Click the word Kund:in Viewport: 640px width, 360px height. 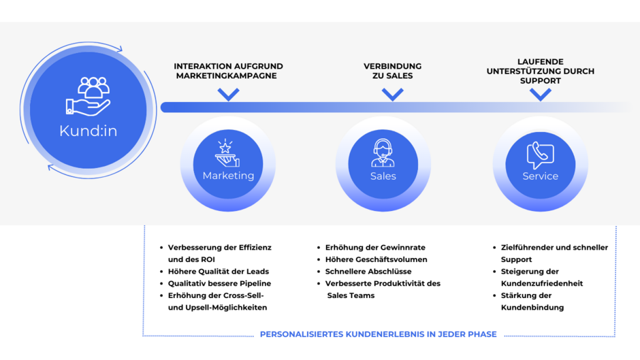[x=89, y=131]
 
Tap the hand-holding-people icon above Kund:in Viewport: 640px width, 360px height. [x=89, y=95]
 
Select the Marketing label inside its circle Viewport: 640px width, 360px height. [x=228, y=176]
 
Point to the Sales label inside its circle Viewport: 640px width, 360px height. [x=383, y=176]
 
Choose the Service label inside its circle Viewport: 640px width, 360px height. [x=540, y=176]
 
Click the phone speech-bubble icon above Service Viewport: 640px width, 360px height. [x=540, y=154]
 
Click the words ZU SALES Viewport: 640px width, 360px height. [x=392, y=76]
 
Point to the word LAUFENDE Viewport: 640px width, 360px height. [x=540, y=62]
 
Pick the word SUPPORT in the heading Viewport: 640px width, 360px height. [x=540, y=81]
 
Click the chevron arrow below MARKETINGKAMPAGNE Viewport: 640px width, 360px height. [x=228, y=95]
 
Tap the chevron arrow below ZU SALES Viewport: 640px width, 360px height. [x=392, y=95]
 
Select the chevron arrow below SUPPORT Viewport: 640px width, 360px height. [x=540, y=95]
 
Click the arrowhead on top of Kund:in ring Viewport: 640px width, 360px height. [x=119, y=48]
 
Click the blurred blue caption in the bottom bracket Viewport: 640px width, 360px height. [x=379, y=334]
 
